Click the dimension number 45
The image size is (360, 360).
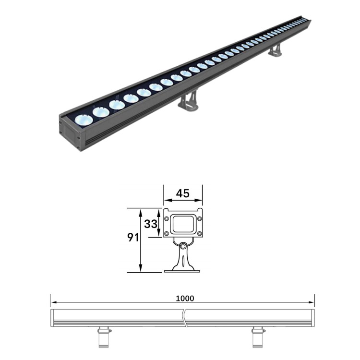coord(183,193)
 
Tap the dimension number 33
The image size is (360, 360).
coord(151,224)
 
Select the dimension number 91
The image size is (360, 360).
coord(133,238)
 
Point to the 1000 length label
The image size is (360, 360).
coord(185,298)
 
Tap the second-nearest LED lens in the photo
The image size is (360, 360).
coord(101,112)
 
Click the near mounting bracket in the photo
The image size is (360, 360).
coord(188,102)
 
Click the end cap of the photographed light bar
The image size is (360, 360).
coord(71,132)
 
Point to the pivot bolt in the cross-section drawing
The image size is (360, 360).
coord(183,247)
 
